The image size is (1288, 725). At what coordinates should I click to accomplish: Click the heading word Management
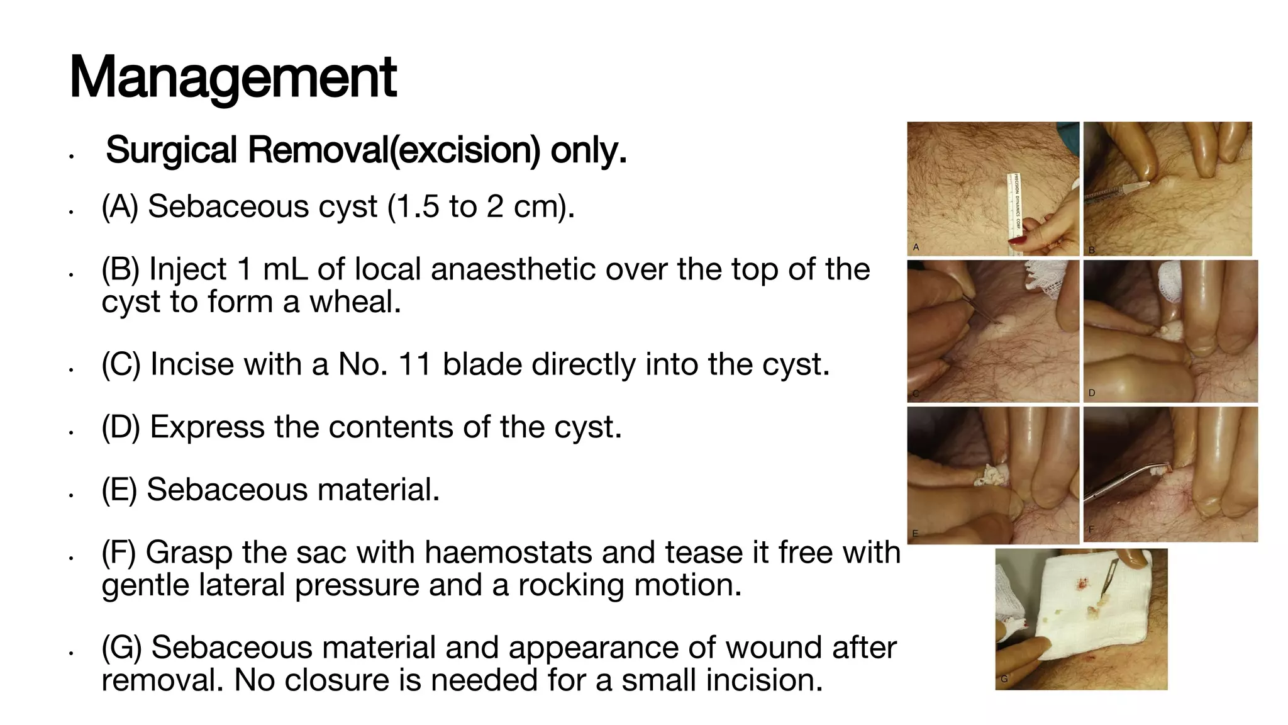233,78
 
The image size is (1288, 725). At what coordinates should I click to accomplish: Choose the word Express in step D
207,427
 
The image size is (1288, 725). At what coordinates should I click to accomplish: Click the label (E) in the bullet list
119,490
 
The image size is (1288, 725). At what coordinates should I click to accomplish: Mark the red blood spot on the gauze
1083,585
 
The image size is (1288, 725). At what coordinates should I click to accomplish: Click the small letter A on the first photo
916,247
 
